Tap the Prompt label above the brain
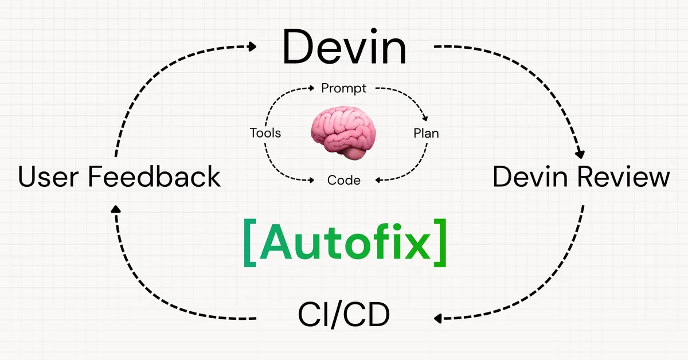coord(344,88)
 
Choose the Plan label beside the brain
coord(426,134)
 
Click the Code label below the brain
coord(344,180)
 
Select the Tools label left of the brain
coord(265,134)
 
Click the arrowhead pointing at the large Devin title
coord(252,46)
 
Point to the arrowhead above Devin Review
coord(580,153)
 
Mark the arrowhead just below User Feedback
coord(116,210)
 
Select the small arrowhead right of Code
coord(379,180)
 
